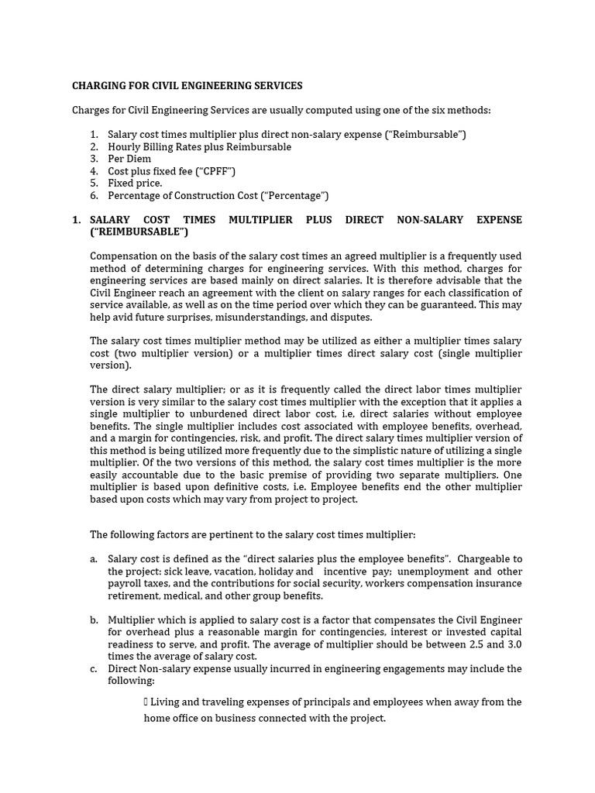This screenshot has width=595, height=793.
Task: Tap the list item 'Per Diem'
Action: coord(129,159)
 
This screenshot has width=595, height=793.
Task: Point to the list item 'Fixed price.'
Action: coord(135,184)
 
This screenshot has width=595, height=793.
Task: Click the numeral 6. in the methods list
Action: coord(94,196)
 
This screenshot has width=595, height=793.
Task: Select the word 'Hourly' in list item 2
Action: coord(124,146)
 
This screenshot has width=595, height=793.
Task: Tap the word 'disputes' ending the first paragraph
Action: coord(352,318)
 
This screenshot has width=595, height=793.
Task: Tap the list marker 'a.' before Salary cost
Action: coord(94,559)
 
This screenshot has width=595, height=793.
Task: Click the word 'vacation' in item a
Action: coord(229,572)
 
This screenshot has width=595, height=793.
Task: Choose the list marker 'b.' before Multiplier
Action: coord(94,620)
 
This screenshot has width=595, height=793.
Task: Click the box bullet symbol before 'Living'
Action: coord(146,702)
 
